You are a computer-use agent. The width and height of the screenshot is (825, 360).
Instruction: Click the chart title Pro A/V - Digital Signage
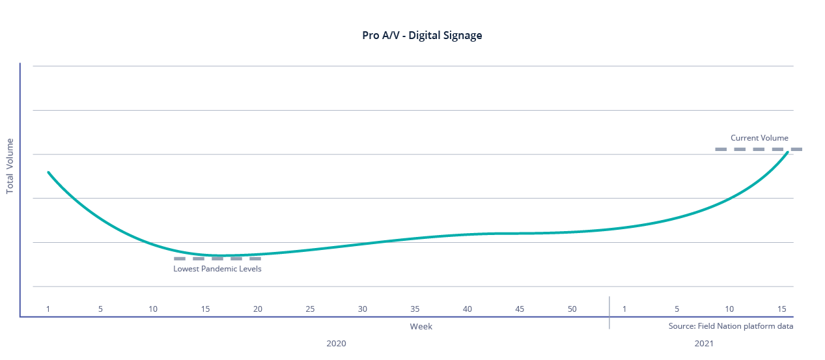pos(422,36)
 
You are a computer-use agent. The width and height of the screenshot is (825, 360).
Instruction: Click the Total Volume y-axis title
pos(10,166)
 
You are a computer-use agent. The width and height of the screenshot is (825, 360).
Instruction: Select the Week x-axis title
pos(421,326)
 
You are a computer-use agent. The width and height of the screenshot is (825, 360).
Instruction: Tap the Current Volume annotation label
pos(759,138)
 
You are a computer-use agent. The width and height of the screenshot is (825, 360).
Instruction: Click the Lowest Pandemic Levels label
pos(217,269)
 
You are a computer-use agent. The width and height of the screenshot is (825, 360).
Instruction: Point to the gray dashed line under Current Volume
pos(759,149)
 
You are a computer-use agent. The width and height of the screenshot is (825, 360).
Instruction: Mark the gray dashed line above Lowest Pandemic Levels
pos(217,258)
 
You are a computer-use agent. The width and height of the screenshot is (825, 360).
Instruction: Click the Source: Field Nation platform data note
pos(731,326)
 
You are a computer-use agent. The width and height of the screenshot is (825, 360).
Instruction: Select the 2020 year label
pos(336,343)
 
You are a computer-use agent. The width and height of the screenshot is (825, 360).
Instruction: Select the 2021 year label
pos(704,343)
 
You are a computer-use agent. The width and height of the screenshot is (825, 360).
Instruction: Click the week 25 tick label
pos(310,309)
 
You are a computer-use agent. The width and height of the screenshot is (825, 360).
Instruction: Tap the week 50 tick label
pos(572,309)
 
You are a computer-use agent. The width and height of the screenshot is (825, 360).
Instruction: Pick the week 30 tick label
pos(363,309)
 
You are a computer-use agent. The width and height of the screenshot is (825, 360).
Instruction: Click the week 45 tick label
pos(520,309)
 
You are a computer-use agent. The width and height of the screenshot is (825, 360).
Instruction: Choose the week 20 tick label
pos(258,309)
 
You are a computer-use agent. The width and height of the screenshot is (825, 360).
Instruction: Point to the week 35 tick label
pos(415,309)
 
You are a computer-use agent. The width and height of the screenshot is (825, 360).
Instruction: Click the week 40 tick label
pos(467,309)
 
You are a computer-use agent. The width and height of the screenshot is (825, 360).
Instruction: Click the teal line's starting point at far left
pos(48,173)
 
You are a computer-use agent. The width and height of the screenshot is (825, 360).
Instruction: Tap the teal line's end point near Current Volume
pos(788,152)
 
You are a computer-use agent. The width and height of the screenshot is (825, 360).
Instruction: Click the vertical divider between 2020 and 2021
pos(609,312)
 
